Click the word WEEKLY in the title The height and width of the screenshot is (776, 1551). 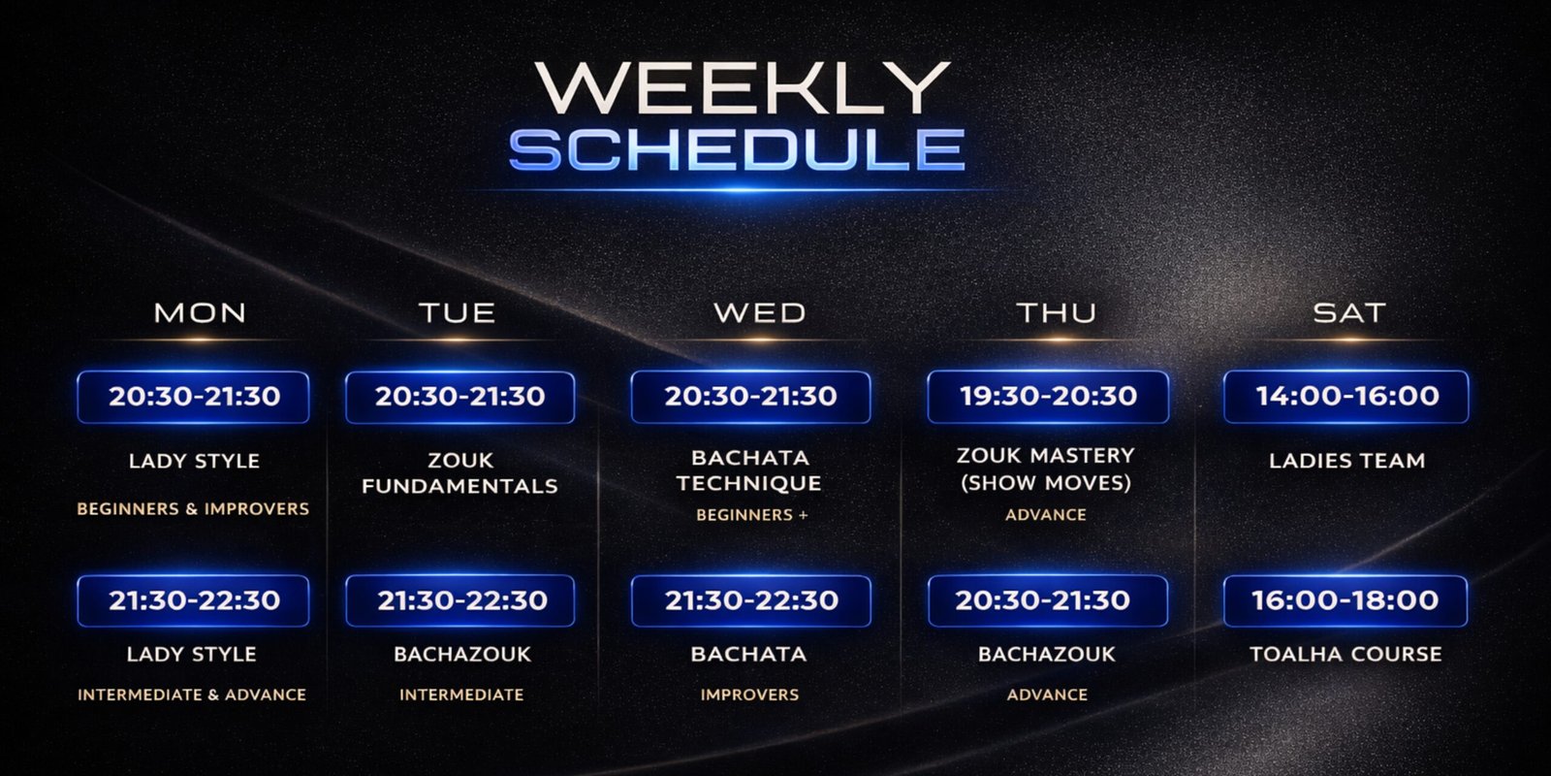(743, 87)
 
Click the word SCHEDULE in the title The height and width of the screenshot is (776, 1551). (738, 149)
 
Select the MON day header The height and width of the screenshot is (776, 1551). (200, 313)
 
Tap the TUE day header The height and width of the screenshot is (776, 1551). (457, 313)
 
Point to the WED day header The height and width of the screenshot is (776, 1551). (760, 313)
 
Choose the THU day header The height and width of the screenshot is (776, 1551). (1057, 313)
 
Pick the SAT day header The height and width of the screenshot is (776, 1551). (1349, 313)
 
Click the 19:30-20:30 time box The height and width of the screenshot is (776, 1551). (1048, 397)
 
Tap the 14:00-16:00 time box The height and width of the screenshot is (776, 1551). (1346, 397)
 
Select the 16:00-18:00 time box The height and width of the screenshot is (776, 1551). (1345, 600)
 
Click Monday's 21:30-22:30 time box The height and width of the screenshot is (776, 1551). (193, 600)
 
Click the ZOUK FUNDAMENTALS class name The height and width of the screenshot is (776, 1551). (459, 473)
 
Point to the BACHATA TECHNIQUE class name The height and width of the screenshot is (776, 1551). (749, 470)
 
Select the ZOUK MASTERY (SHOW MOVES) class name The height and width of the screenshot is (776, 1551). (1046, 469)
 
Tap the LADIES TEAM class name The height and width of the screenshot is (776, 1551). (1347, 461)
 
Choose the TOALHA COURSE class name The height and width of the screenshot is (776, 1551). (1346, 654)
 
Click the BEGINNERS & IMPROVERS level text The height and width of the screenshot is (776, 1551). (193, 509)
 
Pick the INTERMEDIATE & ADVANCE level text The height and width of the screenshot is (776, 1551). (192, 695)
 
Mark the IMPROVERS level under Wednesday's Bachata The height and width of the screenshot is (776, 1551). (750, 695)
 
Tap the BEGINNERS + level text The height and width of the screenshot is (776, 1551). (752, 515)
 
